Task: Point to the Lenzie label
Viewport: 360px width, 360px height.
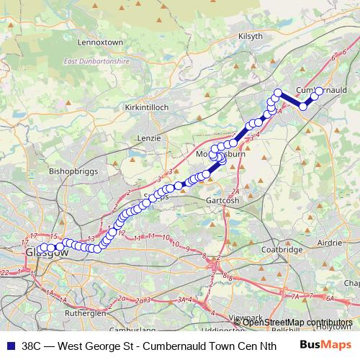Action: pyautogui.click(x=148, y=136)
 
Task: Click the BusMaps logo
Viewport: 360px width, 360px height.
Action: pyautogui.click(x=325, y=345)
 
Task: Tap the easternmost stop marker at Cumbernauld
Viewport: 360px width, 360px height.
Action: pyautogui.click(x=319, y=91)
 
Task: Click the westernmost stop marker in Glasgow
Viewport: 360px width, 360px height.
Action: pyautogui.click(x=43, y=248)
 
